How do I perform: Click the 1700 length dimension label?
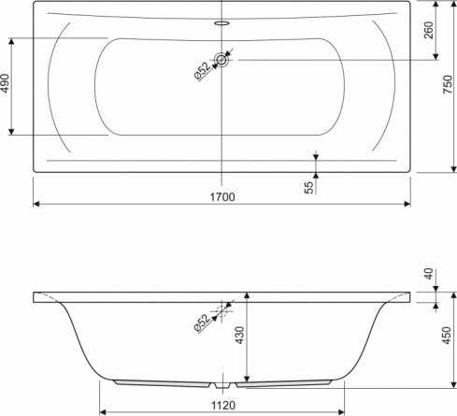click(x=222, y=197)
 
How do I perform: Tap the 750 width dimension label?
click(x=448, y=84)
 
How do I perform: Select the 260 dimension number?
click(x=429, y=30)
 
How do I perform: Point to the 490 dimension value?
click(x=5, y=83)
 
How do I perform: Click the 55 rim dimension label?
click(x=309, y=188)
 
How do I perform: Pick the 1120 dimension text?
click(x=223, y=406)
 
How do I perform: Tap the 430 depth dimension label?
click(x=239, y=335)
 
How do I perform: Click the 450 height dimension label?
click(x=447, y=336)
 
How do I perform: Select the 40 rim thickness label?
click(x=429, y=274)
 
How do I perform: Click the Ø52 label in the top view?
click(x=202, y=71)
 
